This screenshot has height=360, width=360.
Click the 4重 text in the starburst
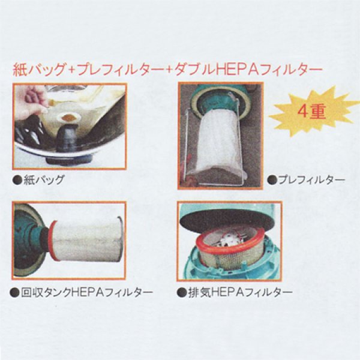pos(310,112)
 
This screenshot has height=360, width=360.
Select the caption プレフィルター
pos(310,179)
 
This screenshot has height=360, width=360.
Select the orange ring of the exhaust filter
pos(230,237)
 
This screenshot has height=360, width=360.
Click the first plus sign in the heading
pos(71,70)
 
